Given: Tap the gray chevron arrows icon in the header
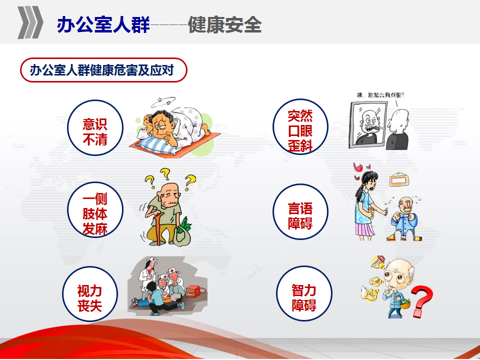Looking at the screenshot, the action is tap(30, 22).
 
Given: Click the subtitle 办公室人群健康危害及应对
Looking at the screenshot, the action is tap(102, 70).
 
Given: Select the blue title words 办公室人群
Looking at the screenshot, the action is tap(103, 24).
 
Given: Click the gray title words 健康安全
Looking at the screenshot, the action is tap(224, 24).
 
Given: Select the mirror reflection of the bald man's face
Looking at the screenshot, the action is tap(370, 126).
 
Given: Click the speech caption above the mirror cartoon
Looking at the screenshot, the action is tap(381, 95).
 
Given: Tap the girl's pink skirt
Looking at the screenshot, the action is tap(364, 229).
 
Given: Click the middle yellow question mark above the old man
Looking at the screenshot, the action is tap(165, 173).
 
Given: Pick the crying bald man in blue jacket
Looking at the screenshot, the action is tap(404, 218).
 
